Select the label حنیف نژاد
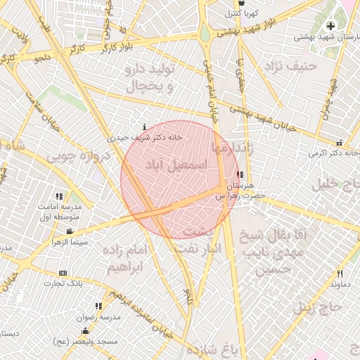pyautogui.click(x=290, y=66)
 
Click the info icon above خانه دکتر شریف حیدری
pyautogui.click(x=144, y=127)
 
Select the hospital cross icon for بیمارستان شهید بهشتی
pyautogui.click(x=330, y=26)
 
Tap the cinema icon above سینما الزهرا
pyautogui.click(x=69, y=232)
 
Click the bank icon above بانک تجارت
pyautogui.click(x=63, y=273)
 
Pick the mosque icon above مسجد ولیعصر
pyautogui.click(x=86, y=330)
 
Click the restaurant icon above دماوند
pyautogui.click(x=340, y=274)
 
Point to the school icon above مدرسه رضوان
pyautogui.click(x=98, y=307)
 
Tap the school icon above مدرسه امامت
pyautogui.click(x=59, y=196)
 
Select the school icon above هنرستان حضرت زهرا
pyautogui.click(x=240, y=174)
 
